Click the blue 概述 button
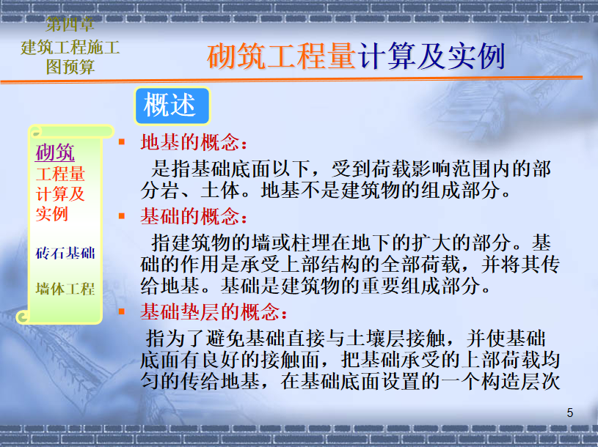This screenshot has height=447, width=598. pos(172,106)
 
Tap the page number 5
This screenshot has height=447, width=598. pos(570,413)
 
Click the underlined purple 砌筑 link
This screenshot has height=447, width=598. pos(55,152)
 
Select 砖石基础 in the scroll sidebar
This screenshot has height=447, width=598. pos(65,253)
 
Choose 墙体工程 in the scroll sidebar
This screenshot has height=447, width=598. pos(65,289)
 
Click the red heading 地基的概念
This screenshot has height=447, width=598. pos(194,142)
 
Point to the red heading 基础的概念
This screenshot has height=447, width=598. pos(194,216)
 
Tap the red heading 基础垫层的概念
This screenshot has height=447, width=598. pos(214,312)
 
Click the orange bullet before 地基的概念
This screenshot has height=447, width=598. pos(122,142)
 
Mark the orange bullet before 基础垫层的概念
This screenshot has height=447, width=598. pos(122,312)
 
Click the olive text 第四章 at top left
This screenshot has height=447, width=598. pos(70,24)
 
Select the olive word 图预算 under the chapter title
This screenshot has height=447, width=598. pos(70,67)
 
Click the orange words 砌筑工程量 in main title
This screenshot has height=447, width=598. pos(282,56)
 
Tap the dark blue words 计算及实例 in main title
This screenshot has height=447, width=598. pos(431,56)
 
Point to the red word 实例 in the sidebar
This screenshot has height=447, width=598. pos(52,213)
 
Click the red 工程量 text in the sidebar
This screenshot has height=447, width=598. pos(60,174)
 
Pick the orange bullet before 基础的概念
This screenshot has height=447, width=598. pos(122,216)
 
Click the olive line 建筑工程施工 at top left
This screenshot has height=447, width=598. pos(70,47)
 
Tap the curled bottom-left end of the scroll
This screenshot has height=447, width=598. pos(23,317)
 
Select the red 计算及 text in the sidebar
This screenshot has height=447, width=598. pos(60,193)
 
